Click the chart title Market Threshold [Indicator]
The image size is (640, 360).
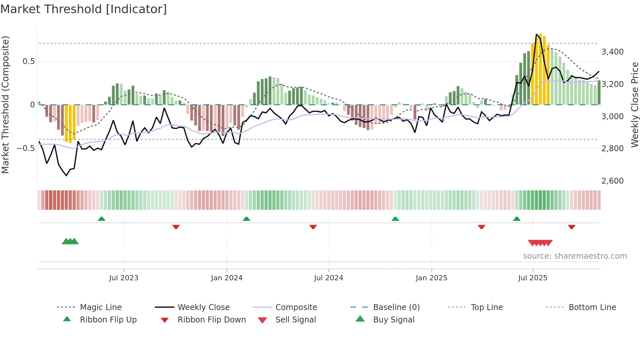pos(84,9)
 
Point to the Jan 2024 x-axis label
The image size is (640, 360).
pos(227,278)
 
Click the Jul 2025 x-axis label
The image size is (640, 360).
pos(533,278)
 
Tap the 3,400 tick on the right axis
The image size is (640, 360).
pos(612,52)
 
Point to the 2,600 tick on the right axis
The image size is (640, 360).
pos(612,181)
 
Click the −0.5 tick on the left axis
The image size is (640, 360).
pos(26,148)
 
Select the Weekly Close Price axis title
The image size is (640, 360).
pos(634,105)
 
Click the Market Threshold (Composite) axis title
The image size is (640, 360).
pos(5,105)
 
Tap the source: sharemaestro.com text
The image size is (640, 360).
pos(575,256)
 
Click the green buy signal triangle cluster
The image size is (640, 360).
pos(70,241)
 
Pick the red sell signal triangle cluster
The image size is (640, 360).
pos(540,243)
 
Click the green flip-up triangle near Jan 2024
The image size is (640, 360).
pos(247,219)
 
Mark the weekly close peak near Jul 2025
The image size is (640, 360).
pos(536,34)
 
